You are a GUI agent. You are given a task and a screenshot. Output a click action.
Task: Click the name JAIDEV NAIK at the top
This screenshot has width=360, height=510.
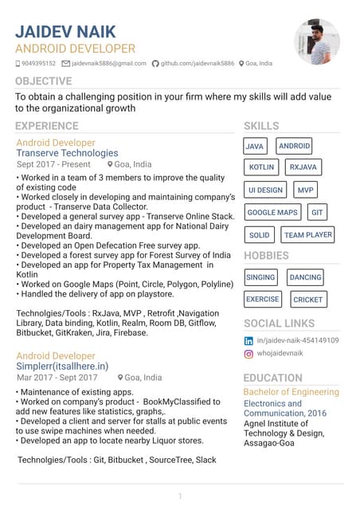(65, 32)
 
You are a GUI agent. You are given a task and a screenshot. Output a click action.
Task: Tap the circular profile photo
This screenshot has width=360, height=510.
(317, 41)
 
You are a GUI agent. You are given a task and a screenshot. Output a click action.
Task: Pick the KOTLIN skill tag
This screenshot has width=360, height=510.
(261, 167)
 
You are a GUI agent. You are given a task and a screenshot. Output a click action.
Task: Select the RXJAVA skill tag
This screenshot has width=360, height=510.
(303, 167)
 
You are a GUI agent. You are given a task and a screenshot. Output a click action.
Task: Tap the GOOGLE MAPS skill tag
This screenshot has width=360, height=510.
(272, 213)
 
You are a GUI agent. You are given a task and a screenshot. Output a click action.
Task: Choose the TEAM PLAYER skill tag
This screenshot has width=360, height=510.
(308, 235)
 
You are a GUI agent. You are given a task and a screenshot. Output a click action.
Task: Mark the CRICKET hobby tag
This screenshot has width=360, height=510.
(307, 300)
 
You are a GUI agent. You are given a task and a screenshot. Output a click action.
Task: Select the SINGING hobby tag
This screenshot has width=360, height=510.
(260, 277)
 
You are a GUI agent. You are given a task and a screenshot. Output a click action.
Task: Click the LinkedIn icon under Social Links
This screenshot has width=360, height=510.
(248, 340)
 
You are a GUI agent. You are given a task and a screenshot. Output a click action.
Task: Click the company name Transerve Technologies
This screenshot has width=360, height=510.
(67, 153)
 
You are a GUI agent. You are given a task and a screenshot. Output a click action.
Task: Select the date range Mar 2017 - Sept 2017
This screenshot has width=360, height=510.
(57, 378)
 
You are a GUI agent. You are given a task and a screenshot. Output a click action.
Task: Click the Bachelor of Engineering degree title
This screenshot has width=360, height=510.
(291, 392)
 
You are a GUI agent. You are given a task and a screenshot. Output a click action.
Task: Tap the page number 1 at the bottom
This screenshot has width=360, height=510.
(180, 496)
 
